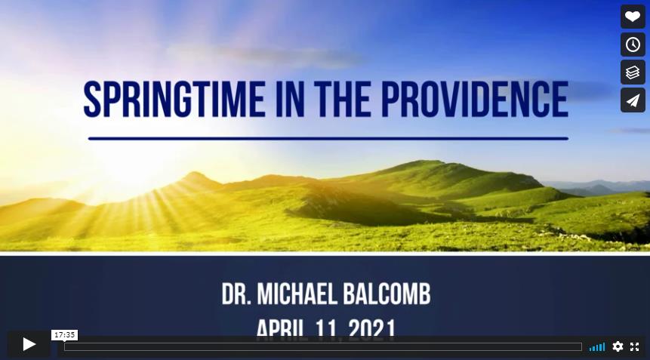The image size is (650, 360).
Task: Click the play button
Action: (29, 344)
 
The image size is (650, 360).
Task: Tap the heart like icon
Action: (633, 17)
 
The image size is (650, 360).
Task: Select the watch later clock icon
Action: (633, 45)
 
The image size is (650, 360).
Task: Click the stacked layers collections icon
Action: (633, 72)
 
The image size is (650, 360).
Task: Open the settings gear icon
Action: (618, 346)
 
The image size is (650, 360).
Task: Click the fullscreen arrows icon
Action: (634, 346)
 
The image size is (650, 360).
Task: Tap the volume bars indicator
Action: (597, 346)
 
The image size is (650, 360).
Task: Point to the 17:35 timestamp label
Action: (65, 335)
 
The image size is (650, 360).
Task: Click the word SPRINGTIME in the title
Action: (174, 100)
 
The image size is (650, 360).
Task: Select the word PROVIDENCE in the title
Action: (475, 100)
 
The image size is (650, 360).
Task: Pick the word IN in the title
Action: (290, 100)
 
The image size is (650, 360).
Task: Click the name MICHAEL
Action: (297, 294)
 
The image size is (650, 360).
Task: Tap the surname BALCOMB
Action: (387, 294)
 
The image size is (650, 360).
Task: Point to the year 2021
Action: (372, 329)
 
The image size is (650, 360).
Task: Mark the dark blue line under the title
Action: (328, 138)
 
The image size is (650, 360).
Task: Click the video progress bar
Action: (323, 346)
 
